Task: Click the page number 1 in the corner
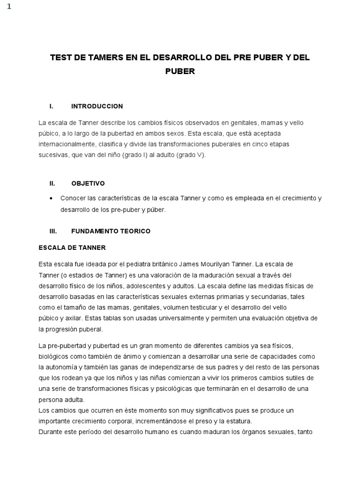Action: (9, 6)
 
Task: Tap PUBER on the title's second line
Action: (180, 71)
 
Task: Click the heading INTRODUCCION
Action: (97, 106)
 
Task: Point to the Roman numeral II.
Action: (52, 183)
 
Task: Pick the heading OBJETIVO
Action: (88, 183)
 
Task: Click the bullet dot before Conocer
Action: (51, 198)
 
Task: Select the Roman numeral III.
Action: (53, 231)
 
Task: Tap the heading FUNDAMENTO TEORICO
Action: (111, 231)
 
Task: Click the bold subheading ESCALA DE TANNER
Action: (72, 247)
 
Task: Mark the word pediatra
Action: (133, 264)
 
